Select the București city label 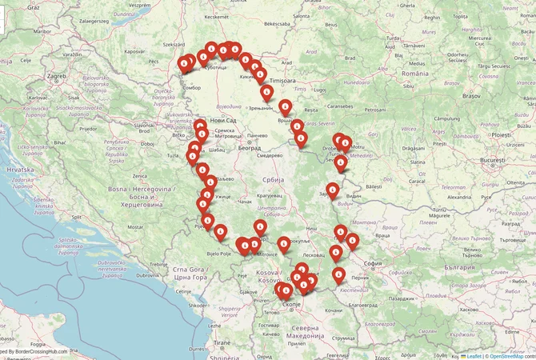point(494,161)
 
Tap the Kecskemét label point(216,16)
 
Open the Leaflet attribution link point(473,355)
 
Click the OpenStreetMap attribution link point(511,355)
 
